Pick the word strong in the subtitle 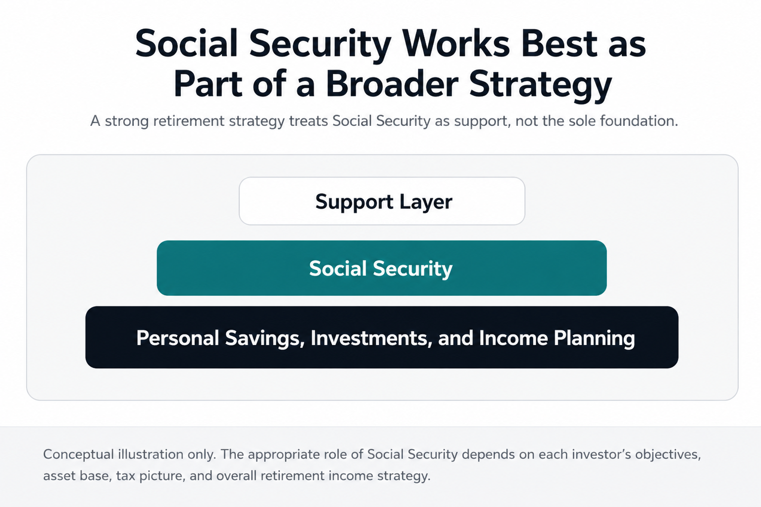click(x=127, y=121)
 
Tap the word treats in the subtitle click(x=308, y=121)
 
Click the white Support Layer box click(x=382, y=201)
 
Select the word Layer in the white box click(x=426, y=202)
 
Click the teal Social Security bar click(x=382, y=268)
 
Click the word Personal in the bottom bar click(x=177, y=338)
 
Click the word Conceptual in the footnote click(x=79, y=455)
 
